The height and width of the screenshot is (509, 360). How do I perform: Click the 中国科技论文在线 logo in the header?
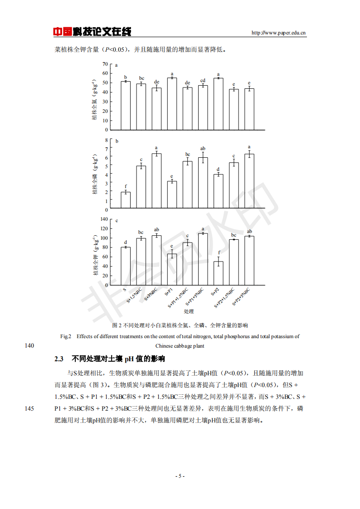(x=92, y=32)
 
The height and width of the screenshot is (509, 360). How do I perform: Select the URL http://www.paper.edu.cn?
(x=278, y=33)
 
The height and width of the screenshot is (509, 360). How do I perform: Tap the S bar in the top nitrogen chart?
(x=126, y=106)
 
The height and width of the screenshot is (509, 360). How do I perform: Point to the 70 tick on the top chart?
(x=105, y=64)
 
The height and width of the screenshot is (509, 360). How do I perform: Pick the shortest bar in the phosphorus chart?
(x=126, y=201)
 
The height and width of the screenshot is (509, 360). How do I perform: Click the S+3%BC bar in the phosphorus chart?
(x=156, y=181)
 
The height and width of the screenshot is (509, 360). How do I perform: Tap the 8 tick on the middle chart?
(x=107, y=141)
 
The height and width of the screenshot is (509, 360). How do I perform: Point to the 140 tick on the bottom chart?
(x=104, y=219)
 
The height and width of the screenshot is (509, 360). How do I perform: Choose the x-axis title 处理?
(x=189, y=311)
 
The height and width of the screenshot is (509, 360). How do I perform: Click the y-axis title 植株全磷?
(x=96, y=175)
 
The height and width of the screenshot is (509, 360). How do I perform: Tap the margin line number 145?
(x=29, y=408)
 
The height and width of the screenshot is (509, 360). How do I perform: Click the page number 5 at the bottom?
(x=180, y=476)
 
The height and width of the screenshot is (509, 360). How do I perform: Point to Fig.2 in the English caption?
(x=66, y=336)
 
